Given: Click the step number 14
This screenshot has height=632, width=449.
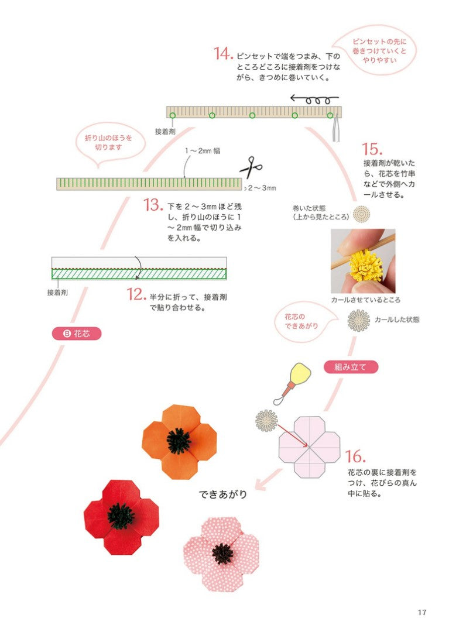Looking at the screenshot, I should coord(224,54).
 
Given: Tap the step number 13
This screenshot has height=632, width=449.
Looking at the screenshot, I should coord(152,205).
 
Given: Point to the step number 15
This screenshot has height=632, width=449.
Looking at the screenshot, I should coord(372,149).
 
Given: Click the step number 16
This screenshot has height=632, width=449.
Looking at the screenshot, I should coord(355,456).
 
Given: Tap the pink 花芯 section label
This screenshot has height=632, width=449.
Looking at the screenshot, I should coord(76,334).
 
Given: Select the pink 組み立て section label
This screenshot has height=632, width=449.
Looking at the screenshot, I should coord(351,367).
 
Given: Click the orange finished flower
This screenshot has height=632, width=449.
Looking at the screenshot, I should coord(179,441).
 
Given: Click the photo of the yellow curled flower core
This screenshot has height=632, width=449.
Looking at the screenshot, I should coord(363,261).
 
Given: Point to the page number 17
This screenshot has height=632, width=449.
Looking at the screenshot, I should coord(422,612).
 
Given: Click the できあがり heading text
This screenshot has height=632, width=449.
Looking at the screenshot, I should coord(224,494).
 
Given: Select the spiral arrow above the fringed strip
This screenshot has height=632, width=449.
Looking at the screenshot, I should coord(314,99).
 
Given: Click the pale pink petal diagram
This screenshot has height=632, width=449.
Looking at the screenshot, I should coord(309,446).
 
